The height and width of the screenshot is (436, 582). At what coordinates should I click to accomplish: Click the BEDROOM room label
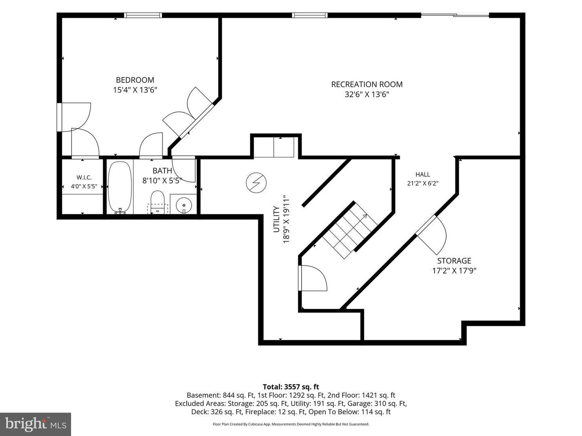[135, 80]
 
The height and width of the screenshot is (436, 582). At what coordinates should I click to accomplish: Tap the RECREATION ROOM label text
[367, 84]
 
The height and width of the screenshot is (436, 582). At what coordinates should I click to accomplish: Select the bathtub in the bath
[120, 187]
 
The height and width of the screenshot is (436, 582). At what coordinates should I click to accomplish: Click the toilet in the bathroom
[158, 202]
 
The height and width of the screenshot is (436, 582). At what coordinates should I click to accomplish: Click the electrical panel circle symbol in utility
[256, 182]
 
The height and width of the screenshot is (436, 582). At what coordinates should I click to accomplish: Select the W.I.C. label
[84, 177]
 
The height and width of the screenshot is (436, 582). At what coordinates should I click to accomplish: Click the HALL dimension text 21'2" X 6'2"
[423, 183]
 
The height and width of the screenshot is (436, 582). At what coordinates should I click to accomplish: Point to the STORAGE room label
[454, 261]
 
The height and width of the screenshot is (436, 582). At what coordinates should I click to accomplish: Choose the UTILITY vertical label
[276, 220]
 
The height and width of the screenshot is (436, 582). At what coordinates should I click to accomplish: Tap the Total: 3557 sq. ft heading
[291, 387]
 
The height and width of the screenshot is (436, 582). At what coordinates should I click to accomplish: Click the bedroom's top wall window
[143, 15]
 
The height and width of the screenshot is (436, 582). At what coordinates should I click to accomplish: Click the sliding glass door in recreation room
[455, 15]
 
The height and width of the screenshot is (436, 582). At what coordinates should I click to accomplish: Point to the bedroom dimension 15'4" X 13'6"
[135, 90]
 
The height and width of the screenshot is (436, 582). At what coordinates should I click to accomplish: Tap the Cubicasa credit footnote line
[291, 424]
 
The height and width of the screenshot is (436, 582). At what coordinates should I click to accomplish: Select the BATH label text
[162, 170]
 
